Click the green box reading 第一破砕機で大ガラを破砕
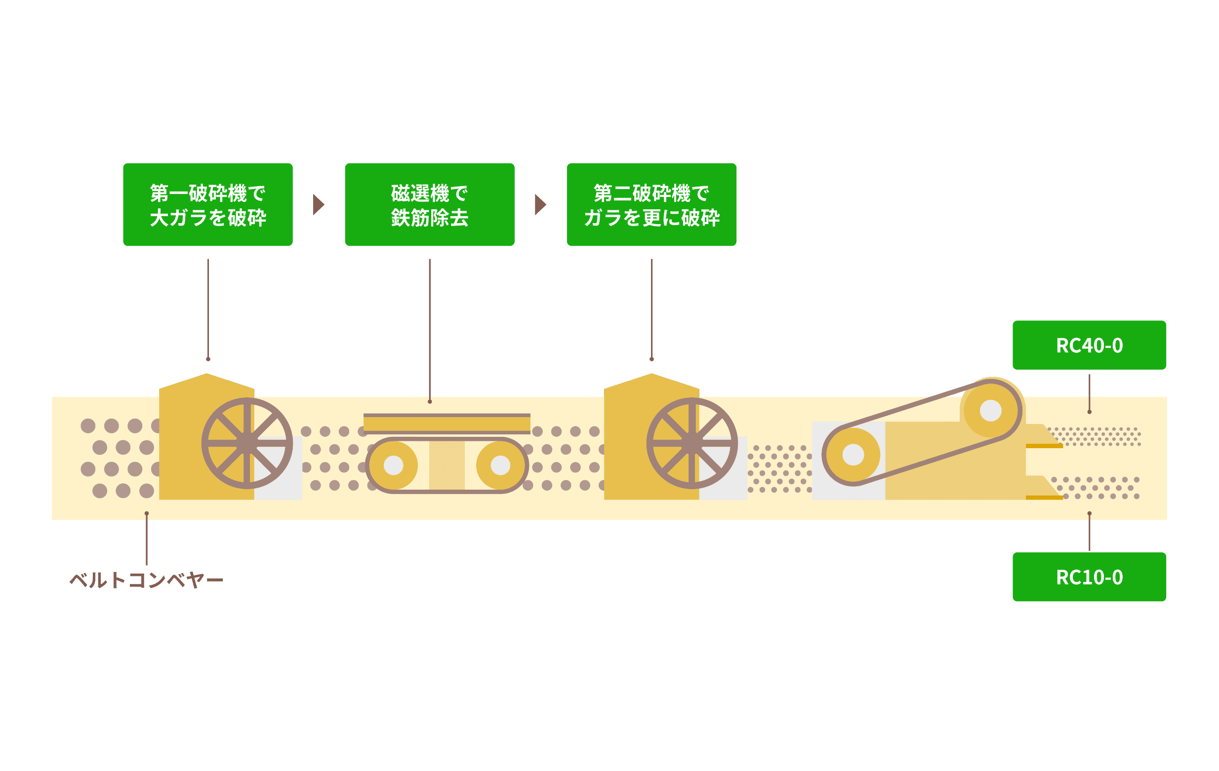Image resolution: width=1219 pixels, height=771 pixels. [x=207, y=204]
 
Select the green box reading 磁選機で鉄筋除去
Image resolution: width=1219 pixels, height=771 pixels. [x=429, y=204]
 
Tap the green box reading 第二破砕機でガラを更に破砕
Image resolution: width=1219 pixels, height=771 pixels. [x=651, y=204]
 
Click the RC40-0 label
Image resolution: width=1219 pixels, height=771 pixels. [x=1089, y=345]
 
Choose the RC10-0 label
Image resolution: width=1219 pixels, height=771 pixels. [x=1089, y=577]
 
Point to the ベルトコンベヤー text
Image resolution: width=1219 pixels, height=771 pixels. [x=146, y=580]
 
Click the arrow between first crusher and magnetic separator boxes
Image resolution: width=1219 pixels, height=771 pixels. [x=318, y=204]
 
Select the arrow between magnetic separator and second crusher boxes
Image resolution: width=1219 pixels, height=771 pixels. [x=540, y=204]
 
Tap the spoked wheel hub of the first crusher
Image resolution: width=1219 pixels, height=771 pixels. [x=247, y=443]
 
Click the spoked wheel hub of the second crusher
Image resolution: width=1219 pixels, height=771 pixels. [x=692, y=443]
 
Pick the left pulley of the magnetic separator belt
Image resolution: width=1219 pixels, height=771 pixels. [x=393, y=465]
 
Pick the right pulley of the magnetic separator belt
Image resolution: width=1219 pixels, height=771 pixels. [x=500, y=465]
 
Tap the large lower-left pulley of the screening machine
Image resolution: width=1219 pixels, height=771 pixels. [x=853, y=455]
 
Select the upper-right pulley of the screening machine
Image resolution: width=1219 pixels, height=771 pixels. [x=991, y=410]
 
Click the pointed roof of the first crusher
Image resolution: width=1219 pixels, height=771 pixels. [x=206, y=383]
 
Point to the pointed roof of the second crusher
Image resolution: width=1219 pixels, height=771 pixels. [x=651, y=383]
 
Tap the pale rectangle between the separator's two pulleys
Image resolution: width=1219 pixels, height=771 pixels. [x=447, y=465]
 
